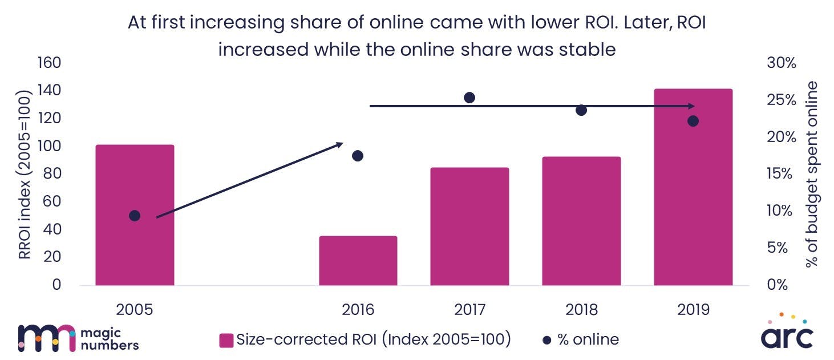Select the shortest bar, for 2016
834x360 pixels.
point(358,261)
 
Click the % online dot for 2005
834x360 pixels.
point(135,216)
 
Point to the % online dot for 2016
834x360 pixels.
point(358,156)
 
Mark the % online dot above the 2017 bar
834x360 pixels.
point(469,98)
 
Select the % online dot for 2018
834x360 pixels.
point(581,110)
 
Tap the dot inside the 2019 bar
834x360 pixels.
point(693,121)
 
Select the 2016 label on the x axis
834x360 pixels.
point(358,310)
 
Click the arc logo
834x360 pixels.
point(787,334)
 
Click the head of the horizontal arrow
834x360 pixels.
point(691,106)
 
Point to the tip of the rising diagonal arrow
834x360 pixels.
point(341,143)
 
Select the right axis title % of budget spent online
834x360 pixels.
point(812,174)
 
